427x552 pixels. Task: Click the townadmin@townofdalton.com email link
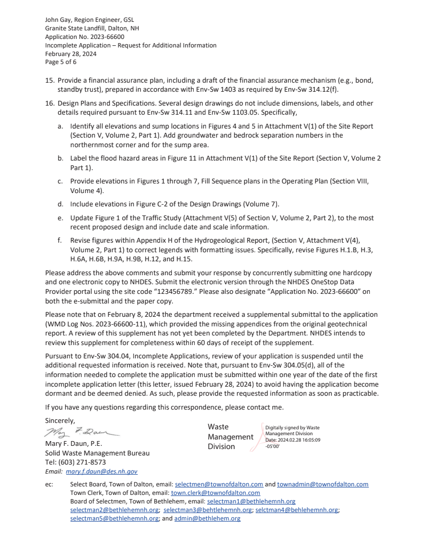322,484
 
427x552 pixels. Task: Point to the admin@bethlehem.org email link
207,518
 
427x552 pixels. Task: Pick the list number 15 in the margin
49,80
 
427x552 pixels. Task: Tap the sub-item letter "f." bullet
60,241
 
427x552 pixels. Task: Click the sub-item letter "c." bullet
60,181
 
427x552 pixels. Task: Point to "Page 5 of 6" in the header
61,62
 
